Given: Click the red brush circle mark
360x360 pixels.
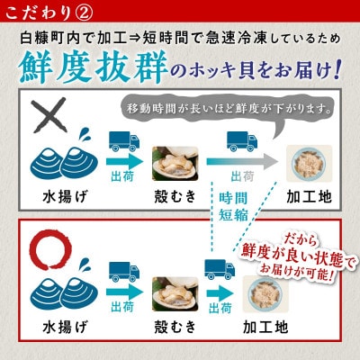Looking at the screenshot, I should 46,247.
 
